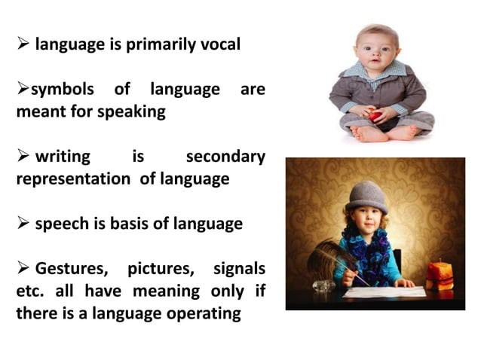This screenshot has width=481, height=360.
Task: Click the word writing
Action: tap(63, 157)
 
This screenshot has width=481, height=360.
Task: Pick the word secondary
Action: tap(225, 157)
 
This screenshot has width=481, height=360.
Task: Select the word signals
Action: tap(239, 268)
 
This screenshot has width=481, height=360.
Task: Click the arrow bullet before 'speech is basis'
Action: tap(22, 224)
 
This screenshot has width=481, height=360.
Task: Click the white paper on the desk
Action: tap(384, 291)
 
